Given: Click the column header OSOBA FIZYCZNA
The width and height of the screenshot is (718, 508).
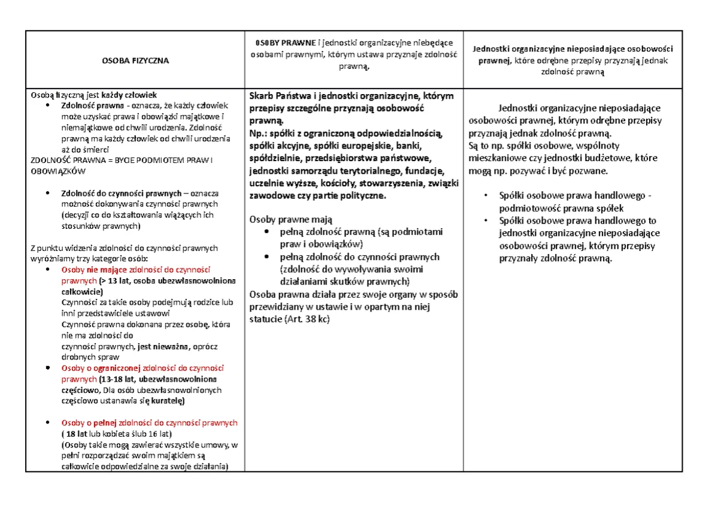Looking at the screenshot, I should [x=135, y=61].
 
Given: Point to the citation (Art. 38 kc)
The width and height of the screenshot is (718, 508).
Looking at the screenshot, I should [x=307, y=319].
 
